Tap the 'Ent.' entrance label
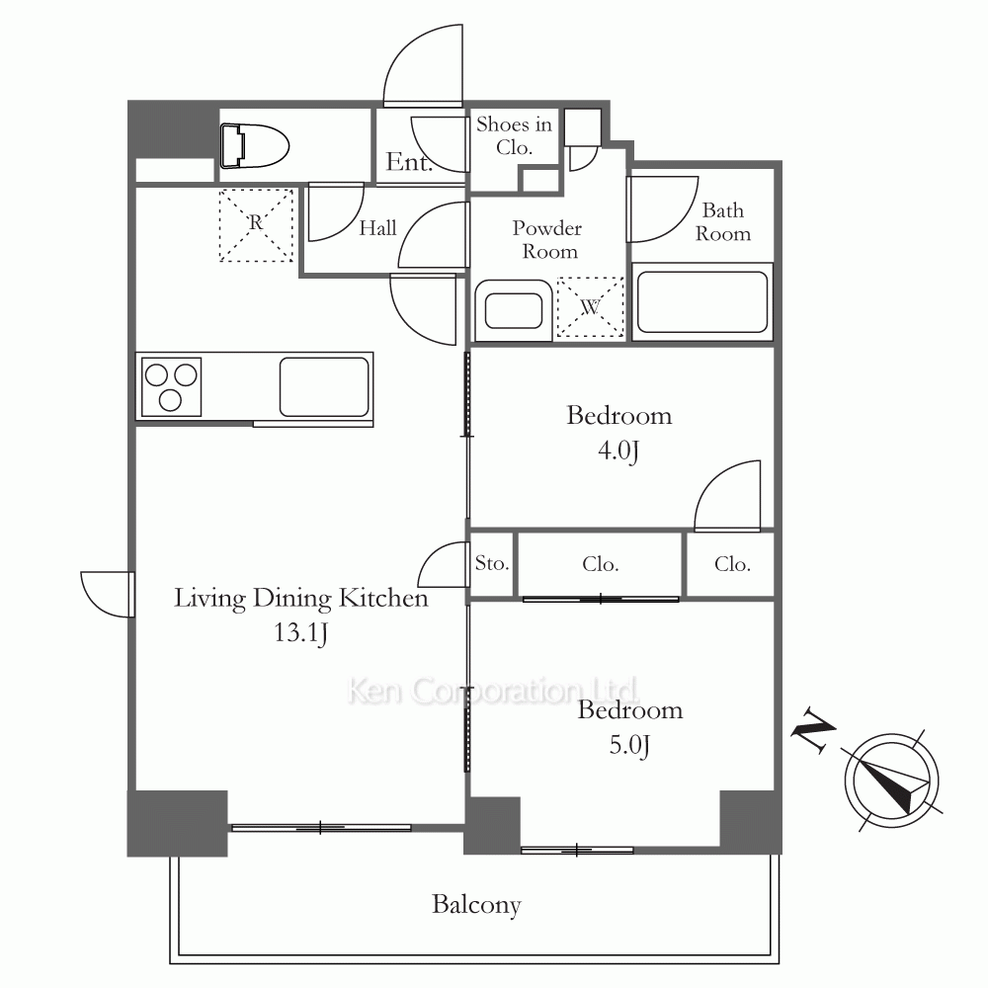click(409, 162)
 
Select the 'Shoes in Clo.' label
click(514, 135)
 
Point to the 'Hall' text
click(378, 227)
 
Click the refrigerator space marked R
click(256, 225)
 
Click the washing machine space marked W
click(590, 307)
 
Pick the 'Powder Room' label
click(547, 239)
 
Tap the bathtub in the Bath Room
click(702, 301)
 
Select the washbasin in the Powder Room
click(514, 311)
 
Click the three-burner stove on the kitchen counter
click(171, 387)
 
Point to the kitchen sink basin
click(324, 387)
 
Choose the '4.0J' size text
click(618, 451)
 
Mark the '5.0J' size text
click(629, 745)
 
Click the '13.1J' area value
click(300, 632)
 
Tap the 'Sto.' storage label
click(491, 563)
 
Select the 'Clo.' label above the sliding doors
click(601, 564)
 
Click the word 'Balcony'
click(476, 905)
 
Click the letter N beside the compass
click(813, 730)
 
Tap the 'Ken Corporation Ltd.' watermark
click(493, 691)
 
